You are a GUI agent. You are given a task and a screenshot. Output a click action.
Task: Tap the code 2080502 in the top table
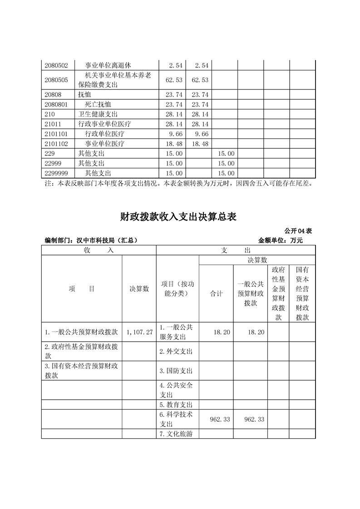point(56,66)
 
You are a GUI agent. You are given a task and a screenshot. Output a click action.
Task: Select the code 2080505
point(56,80)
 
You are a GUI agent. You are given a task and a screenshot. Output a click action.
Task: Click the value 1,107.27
point(139,332)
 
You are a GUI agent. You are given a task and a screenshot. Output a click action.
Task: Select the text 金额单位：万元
point(280,240)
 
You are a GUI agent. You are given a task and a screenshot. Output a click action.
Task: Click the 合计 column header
point(216,294)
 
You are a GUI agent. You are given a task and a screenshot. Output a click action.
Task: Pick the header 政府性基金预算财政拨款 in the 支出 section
point(278,294)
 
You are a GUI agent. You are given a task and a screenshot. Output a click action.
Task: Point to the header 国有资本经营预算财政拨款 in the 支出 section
point(302,294)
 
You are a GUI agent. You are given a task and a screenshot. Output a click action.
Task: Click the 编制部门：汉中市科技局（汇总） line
point(91,240)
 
